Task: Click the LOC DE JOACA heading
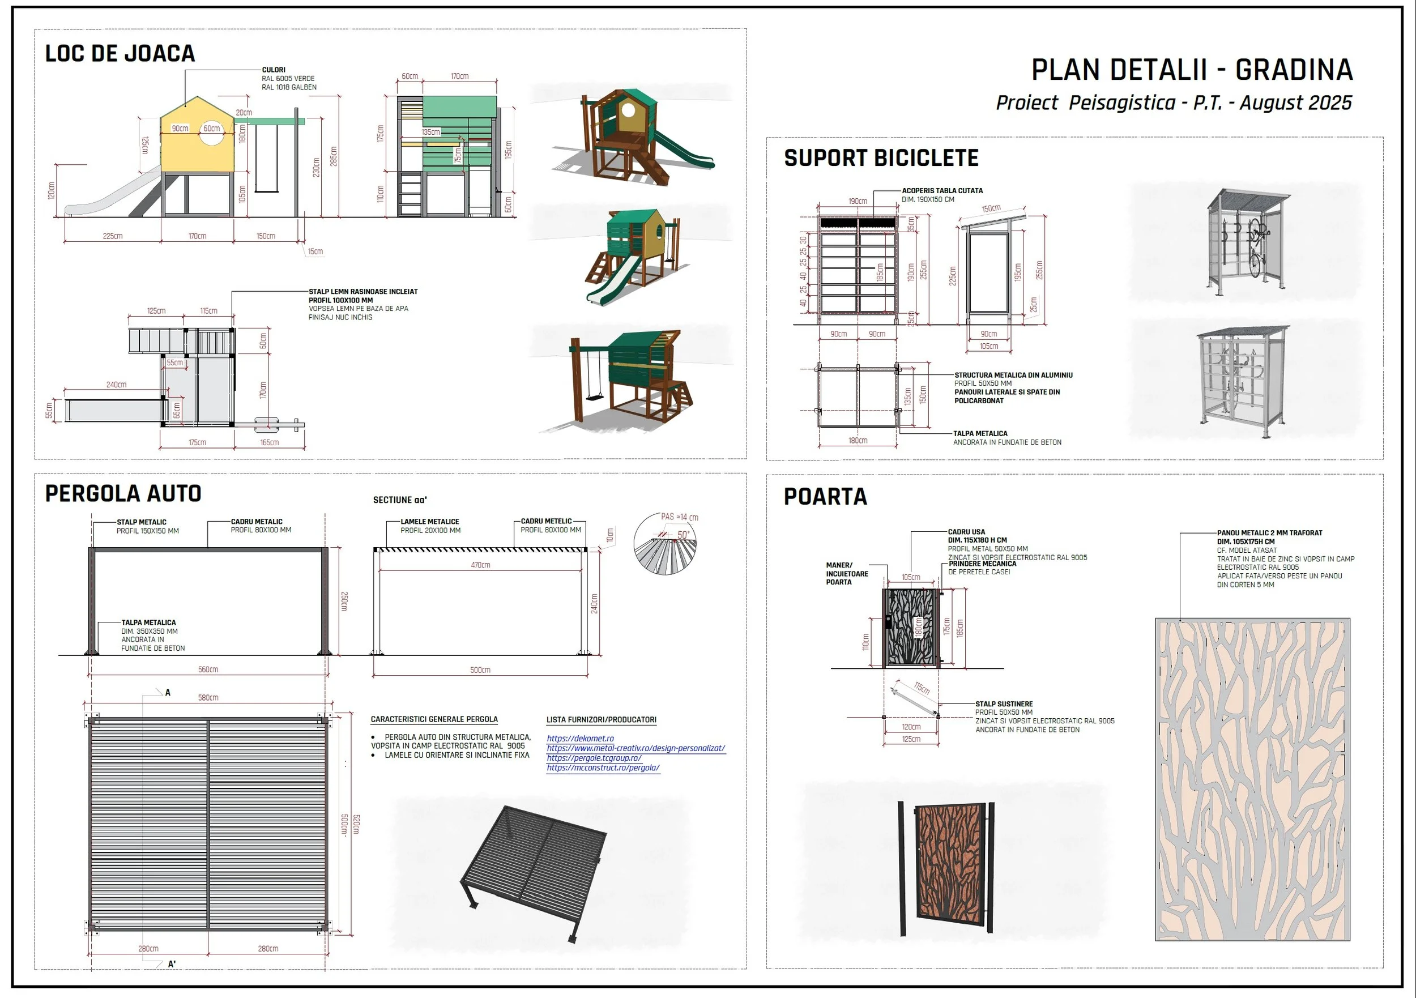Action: (120, 54)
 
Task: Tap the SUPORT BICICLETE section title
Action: (881, 158)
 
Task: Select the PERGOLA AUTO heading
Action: (123, 493)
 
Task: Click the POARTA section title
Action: (825, 497)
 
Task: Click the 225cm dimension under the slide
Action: (112, 236)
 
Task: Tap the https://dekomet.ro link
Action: (580, 739)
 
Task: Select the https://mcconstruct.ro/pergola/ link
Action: (603, 768)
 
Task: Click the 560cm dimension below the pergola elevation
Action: (208, 669)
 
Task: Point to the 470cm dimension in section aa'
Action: (480, 565)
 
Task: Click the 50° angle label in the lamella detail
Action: (683, 535)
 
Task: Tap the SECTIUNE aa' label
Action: (400, 500)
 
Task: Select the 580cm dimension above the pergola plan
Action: (208, 698)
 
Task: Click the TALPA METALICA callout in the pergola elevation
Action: (148, 623)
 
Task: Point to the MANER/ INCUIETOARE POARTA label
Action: (847, 574)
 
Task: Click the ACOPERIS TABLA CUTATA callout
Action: (942, 191)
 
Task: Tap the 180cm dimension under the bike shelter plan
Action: (858, 441)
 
